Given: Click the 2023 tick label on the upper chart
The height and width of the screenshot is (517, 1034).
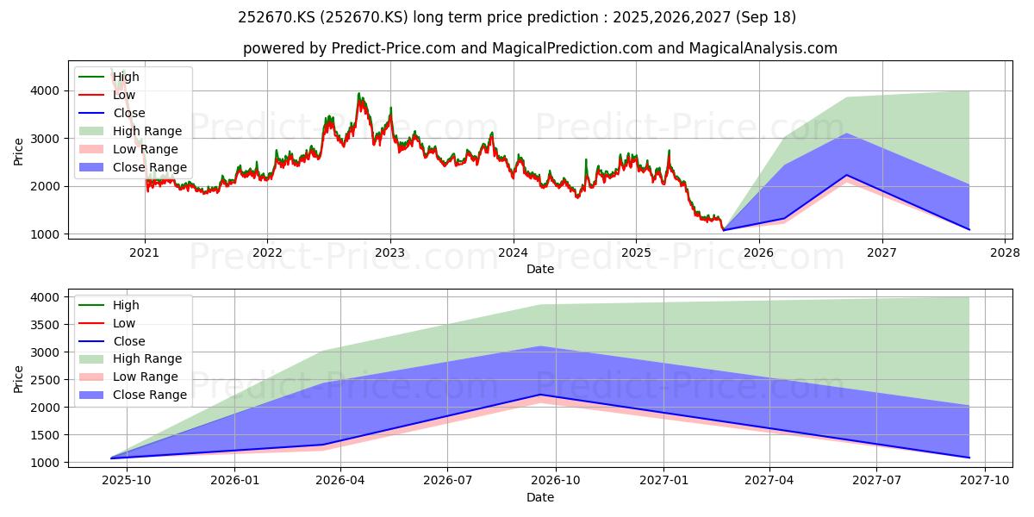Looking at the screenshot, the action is point(390,253).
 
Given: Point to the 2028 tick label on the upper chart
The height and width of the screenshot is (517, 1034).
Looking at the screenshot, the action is point(1006,253).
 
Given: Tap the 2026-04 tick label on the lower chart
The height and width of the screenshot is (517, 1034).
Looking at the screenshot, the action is point(341,481).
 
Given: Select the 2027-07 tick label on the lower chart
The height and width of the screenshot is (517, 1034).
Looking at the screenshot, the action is point(876,481).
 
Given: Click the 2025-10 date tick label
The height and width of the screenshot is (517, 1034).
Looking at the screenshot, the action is point(127,481).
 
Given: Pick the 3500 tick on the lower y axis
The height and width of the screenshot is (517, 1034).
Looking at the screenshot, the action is point(45,325).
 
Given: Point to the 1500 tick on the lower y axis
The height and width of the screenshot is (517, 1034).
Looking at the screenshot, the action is point(45,435).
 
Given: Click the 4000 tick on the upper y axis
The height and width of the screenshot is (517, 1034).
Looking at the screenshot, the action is point(45,91).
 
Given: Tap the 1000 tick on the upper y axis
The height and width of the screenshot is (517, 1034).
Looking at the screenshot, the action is point(45,234).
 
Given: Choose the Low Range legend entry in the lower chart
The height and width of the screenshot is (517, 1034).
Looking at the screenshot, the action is point(128,377).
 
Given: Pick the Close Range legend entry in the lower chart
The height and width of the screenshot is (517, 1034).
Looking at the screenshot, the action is point(134,396).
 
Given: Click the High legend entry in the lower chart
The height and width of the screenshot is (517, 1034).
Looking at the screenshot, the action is point(109,305).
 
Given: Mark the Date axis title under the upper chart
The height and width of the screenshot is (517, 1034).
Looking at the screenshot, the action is point(540,269).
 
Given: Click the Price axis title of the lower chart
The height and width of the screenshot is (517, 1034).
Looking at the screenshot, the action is point(18,379).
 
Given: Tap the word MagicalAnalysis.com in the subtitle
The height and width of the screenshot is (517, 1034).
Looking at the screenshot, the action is point(763,48).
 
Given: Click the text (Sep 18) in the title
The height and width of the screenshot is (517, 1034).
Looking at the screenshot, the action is point(766,17).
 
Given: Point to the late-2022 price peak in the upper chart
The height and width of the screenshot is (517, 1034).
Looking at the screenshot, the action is point(358,94).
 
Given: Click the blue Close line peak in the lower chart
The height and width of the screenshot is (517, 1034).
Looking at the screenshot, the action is point(540,395).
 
